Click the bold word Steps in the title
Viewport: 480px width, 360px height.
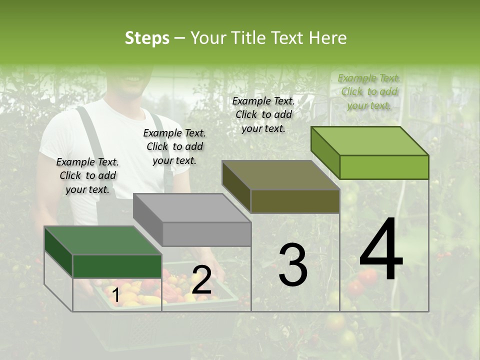(x=147, y=38)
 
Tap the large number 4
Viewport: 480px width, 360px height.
(x=381, y=249)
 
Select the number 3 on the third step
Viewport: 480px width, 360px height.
(x=293, y=265)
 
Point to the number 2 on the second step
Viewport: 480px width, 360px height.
(x=201, y=280)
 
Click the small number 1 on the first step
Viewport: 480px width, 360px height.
(x=115, y=295)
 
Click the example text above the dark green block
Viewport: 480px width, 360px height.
(x=87, y=175)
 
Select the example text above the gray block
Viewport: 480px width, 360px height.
(x=174, y=146)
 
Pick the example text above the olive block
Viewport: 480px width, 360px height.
(x=263, y=114)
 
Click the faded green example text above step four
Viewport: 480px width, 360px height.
(x=369, y=91)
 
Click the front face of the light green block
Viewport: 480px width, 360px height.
(x=384, y=167)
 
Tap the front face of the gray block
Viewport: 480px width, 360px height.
(x=206, y=234)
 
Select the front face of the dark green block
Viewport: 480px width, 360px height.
(x=117, y=266)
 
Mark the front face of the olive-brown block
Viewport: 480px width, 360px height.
(x=295, y=201)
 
